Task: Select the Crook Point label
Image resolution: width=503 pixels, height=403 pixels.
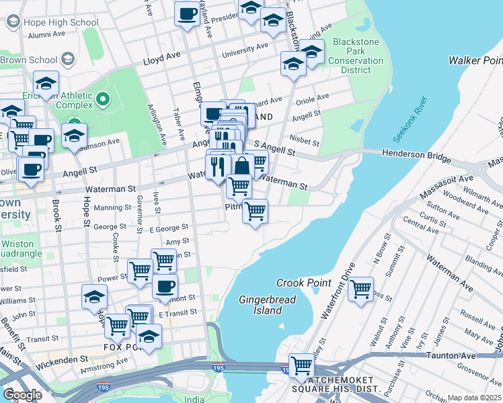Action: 303,283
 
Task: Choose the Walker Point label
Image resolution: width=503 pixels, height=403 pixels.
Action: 475,61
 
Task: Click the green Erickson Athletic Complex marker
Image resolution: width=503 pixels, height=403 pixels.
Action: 102,101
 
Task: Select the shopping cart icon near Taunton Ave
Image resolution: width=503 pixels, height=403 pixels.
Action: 301,365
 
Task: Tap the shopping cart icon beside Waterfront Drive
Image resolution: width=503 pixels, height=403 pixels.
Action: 360,289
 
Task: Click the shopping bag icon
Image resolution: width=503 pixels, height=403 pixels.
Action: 241,165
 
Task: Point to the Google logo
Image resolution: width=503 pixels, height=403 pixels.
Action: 22,394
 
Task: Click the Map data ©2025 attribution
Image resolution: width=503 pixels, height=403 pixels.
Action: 474,398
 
